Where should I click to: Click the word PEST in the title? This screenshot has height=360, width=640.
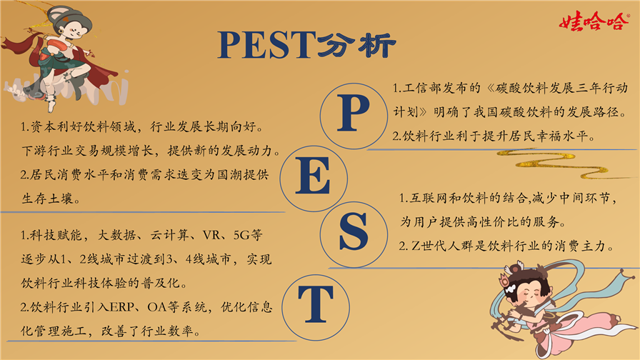pos(267,45)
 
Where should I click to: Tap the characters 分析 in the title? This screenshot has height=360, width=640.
pos(356,44)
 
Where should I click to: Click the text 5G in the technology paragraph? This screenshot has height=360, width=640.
pos(241,235)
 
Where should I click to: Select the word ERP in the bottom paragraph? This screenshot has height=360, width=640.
pos(121,307)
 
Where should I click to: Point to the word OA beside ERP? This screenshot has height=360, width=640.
pos(156,307)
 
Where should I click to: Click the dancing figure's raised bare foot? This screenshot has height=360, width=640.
pos(51,106)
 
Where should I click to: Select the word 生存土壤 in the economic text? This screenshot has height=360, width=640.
pos(47,199)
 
